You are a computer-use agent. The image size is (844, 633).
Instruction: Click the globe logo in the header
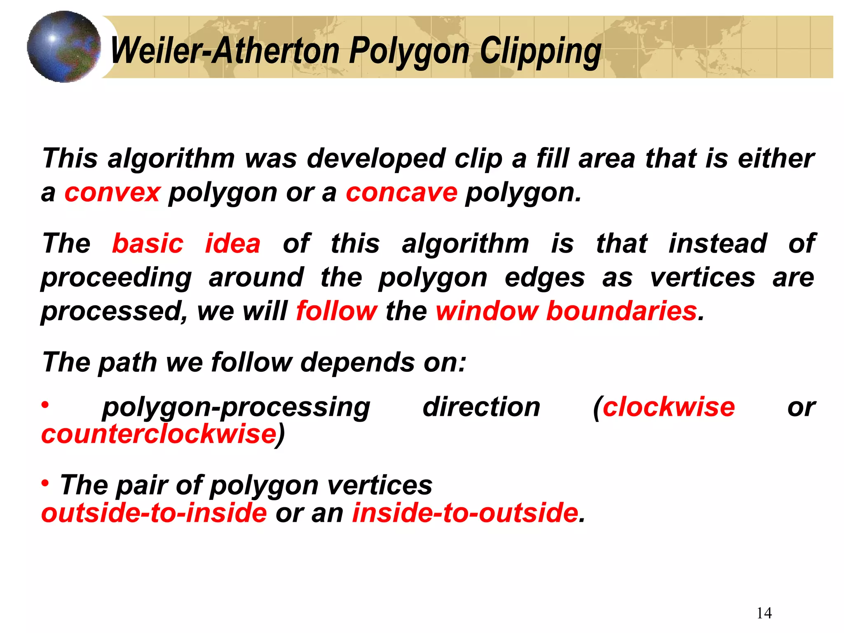click(64, 47)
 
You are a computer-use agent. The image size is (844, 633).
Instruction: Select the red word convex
click(112, 192)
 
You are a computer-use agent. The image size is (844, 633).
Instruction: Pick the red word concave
click(401, 192)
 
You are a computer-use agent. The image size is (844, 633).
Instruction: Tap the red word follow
click(336, 311)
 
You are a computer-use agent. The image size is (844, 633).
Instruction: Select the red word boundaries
click(621, 311)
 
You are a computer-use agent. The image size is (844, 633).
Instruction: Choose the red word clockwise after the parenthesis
click(669, 407)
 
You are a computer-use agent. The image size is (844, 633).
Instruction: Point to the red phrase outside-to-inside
click(154, 513)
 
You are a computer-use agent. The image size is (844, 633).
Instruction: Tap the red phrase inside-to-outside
click(465, 513)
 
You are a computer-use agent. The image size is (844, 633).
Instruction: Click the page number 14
click(764, 613)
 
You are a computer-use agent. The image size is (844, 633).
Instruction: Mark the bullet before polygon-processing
click(45, 405)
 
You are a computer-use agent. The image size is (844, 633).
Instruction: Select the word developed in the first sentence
click(376, 159)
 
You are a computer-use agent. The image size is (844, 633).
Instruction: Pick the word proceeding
click(116, 277)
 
